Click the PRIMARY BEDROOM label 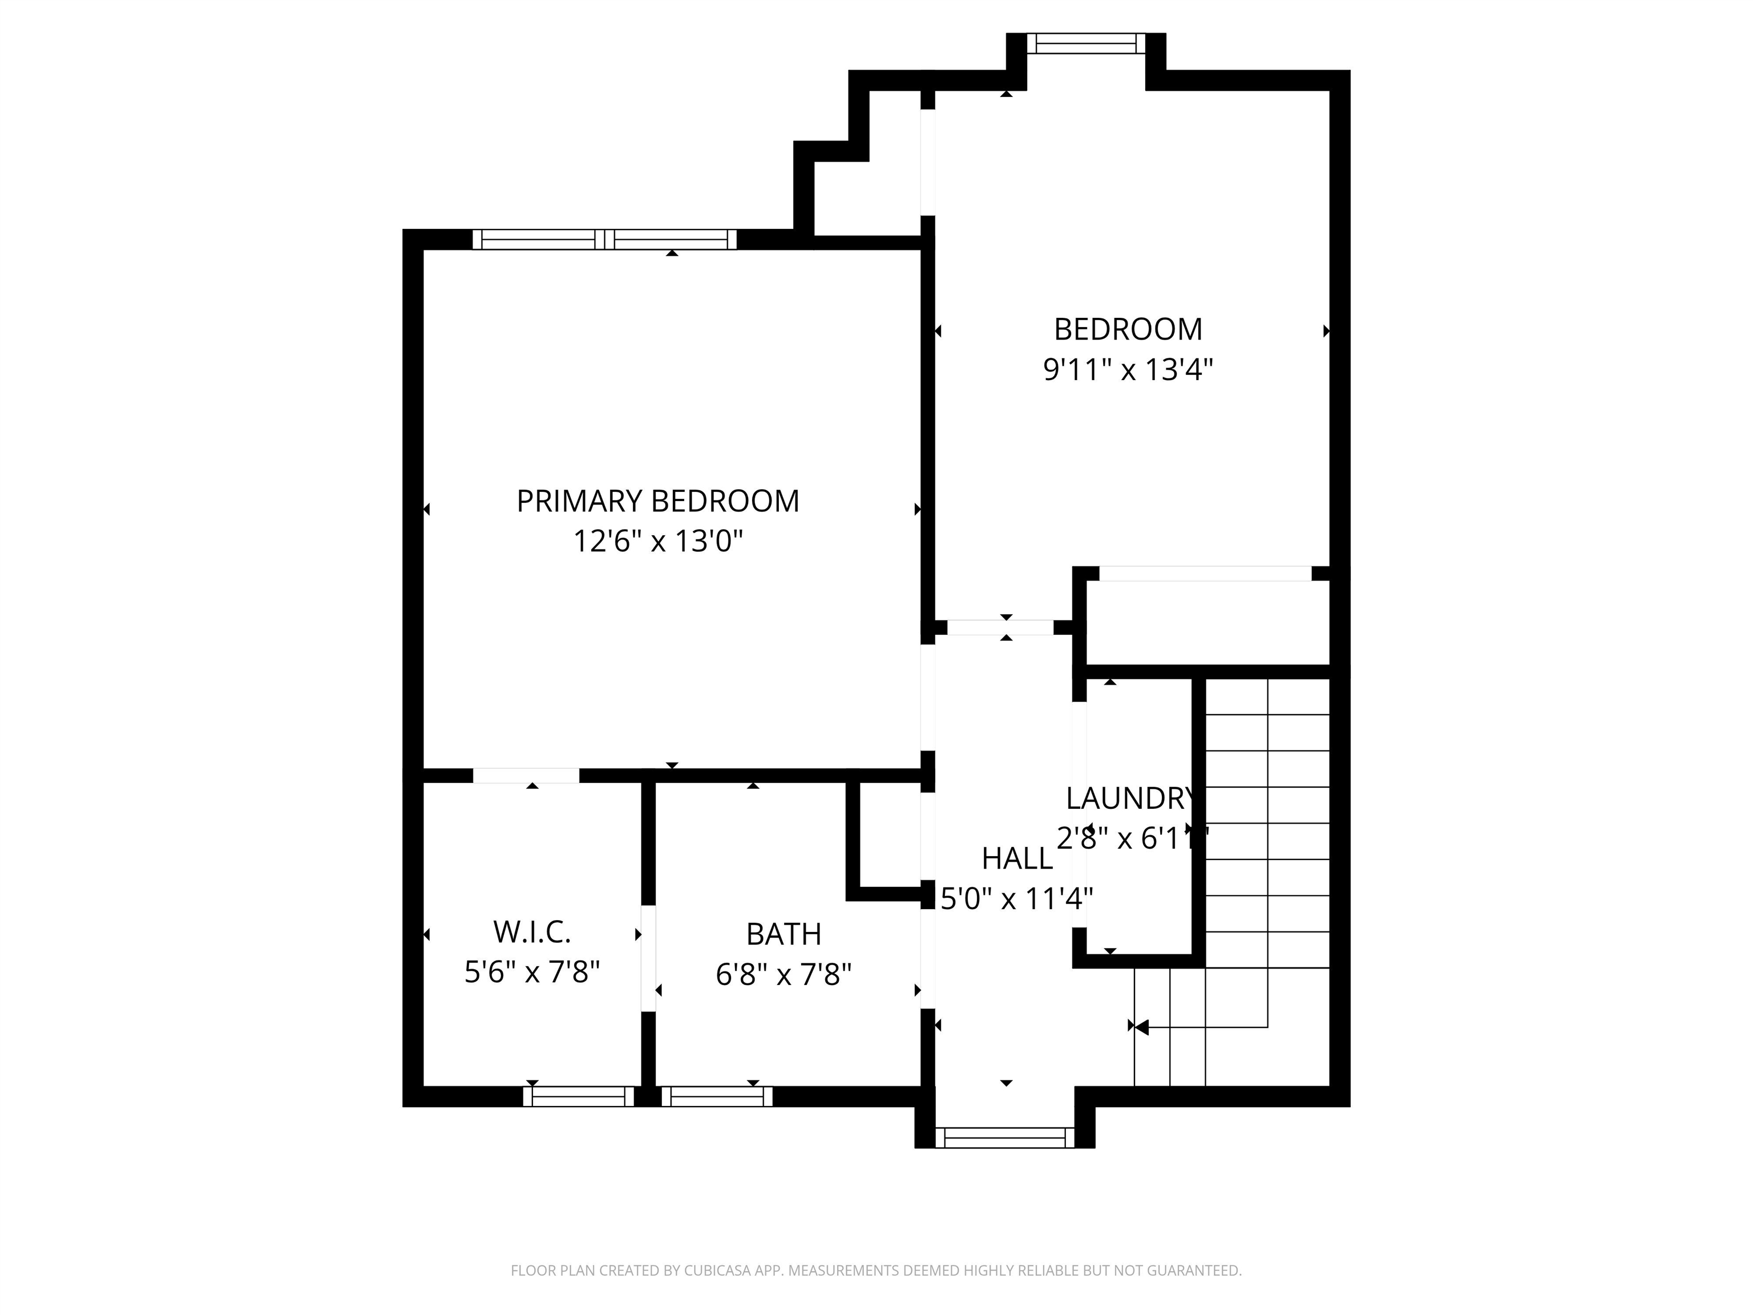658,501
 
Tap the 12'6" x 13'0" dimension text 658,542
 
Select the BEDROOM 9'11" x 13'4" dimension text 1128,369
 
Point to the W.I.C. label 532,932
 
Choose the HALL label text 1017,858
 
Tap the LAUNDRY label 1129,798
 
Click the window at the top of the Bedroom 1086,43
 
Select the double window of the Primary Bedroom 605,239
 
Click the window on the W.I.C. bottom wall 579,1096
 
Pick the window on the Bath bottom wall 716,1096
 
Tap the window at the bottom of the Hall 1005,1137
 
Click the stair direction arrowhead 1141,1027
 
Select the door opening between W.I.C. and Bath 648,958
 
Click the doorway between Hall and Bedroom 1000,628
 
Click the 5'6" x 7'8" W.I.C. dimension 532,972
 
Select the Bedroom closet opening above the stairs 1205,573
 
